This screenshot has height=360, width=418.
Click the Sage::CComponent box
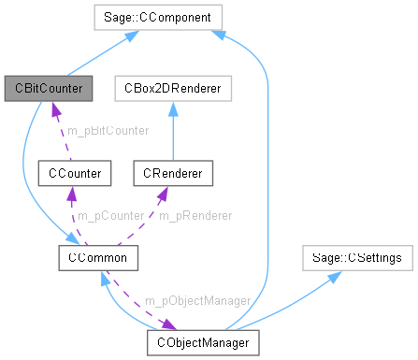157,16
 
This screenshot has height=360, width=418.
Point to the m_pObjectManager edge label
197,301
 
